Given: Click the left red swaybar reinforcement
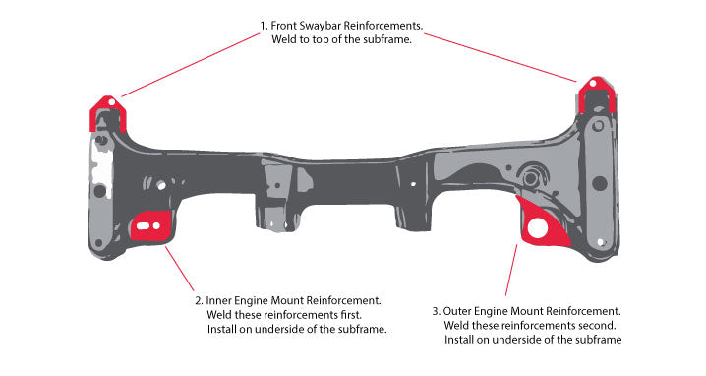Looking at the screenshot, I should point(102,111).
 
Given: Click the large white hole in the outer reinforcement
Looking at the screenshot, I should point(537,228).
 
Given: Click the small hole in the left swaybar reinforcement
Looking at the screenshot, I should point(110,100).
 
